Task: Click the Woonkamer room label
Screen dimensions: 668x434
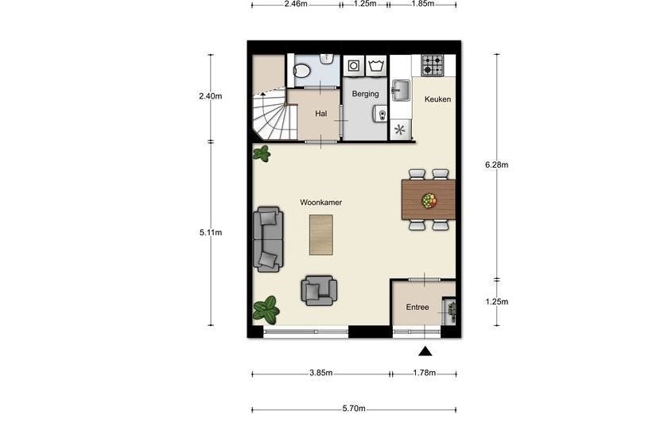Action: [x=320, y=203]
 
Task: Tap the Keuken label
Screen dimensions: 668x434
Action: [x=437, y=99]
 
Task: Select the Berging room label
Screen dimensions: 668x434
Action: [x=365, y=94]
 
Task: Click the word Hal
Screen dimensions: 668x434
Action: [x=320, y=114]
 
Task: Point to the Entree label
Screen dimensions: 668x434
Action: [x=417, y=307]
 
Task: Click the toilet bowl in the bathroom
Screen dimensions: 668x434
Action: [x=302, y=71]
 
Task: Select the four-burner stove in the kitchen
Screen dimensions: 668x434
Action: [x=433, y=65]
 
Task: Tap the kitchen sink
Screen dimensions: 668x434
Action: [x=401, y=91]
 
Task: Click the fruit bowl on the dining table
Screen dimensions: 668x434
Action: [x=429, y=200]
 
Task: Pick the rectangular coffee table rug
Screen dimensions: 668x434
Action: [x=320, y=234]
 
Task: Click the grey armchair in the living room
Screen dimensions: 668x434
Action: [x=319, y=290]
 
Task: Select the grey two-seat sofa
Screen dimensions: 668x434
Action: [x=268, y=239]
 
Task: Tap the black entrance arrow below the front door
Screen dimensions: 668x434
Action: [x=425, y=351]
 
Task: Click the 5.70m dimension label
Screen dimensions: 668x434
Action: [x=354, y=409]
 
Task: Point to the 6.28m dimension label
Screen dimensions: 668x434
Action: [x=496, y=165]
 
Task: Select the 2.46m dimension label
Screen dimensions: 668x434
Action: [x=296, y=4]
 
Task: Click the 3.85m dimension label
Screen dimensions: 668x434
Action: [x=320, y=373]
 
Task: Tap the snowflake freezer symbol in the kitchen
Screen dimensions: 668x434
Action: [x=400, y=130]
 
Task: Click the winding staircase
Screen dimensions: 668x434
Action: [x=273, y=115]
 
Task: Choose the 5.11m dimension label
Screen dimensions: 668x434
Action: [x=211, y=233]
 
